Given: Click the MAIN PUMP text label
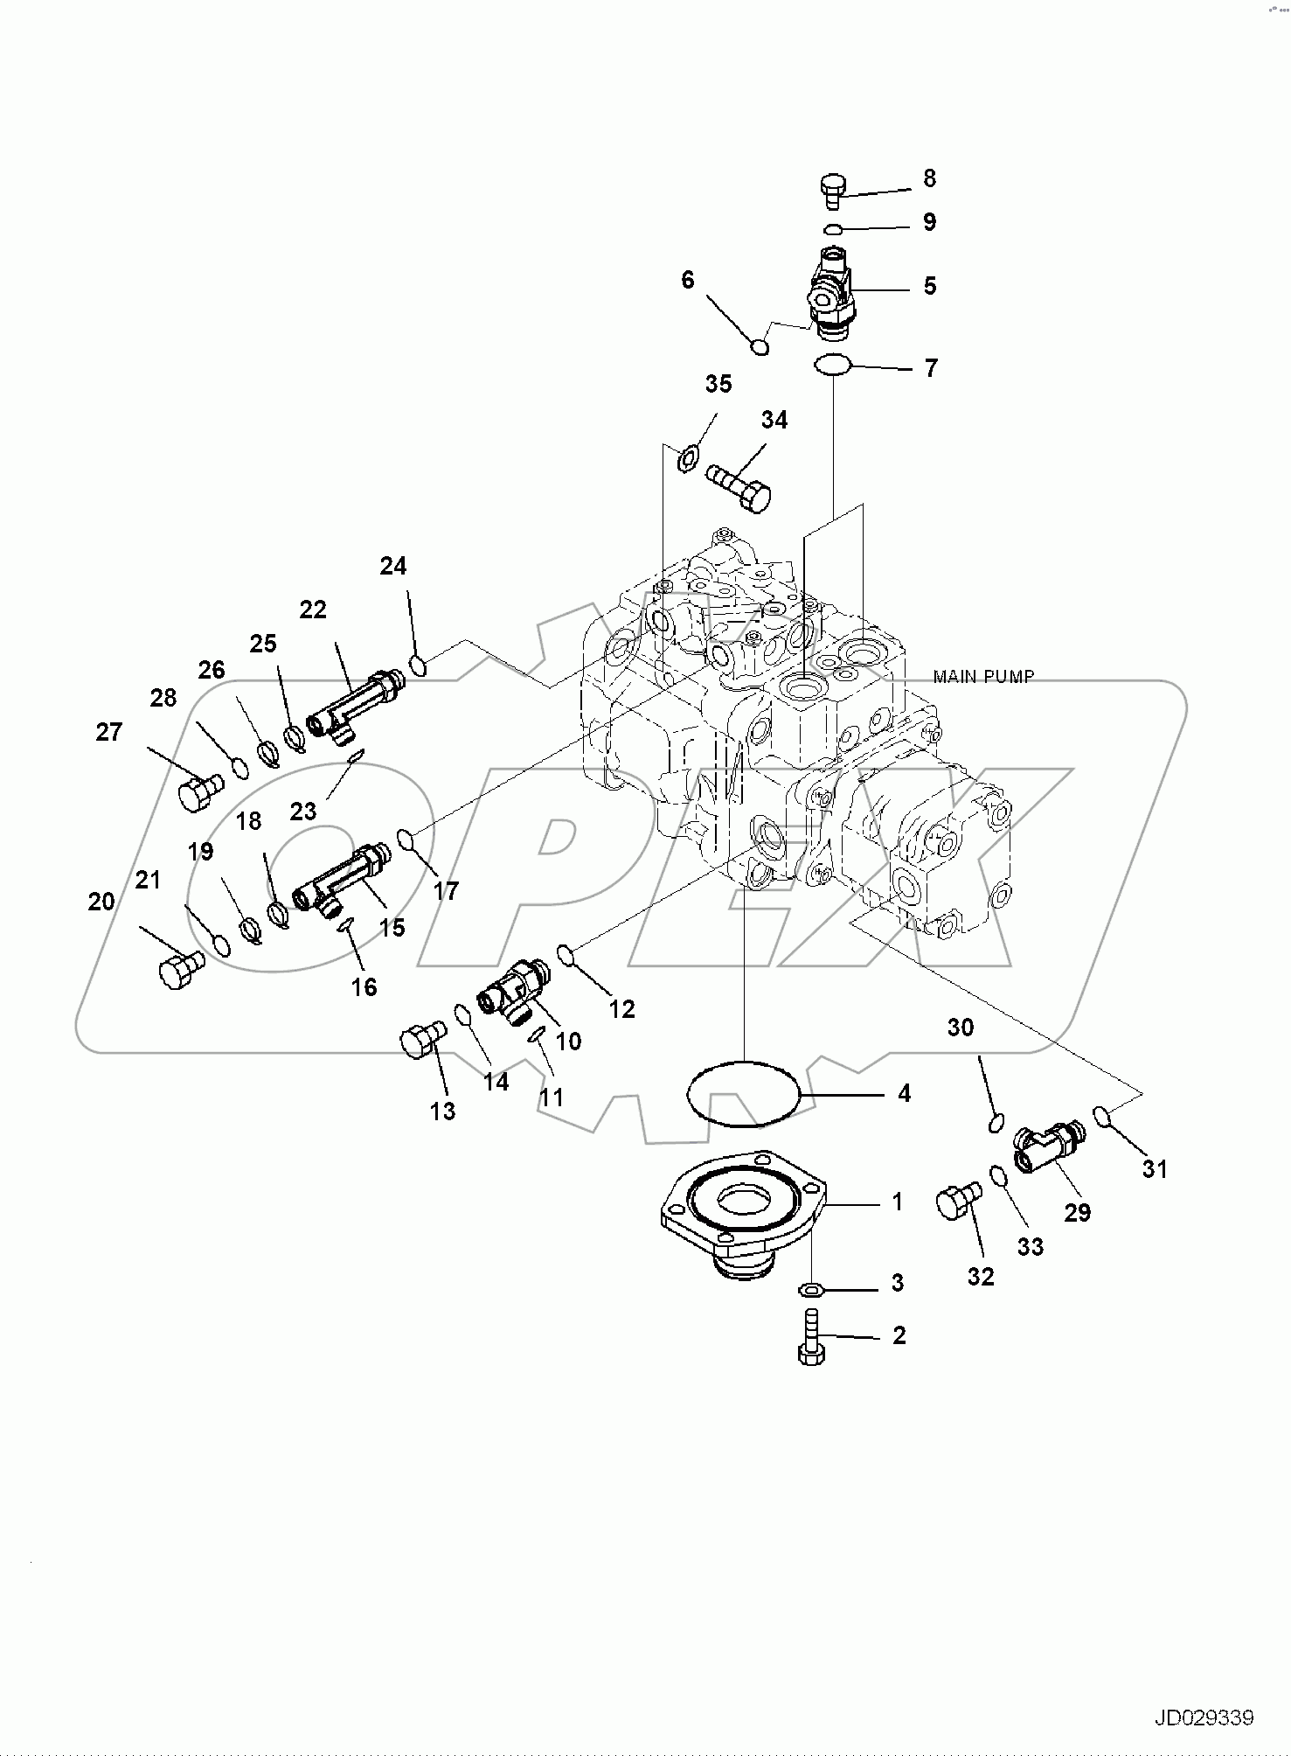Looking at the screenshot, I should coord(983,676).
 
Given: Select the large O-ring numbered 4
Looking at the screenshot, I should coord(744,1093).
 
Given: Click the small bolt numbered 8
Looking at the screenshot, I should coord(831,190).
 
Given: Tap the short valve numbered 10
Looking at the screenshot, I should coord(513,990).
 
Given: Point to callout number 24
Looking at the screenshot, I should coord(392,567).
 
